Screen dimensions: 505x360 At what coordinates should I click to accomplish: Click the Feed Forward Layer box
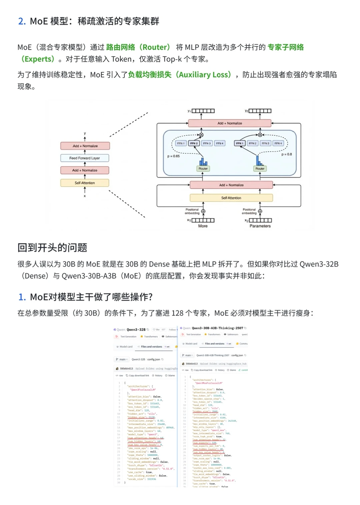click(85, 158)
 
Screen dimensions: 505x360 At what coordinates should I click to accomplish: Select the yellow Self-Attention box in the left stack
click(85, 183)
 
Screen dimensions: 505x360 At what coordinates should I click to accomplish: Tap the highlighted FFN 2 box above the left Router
click(194, 143)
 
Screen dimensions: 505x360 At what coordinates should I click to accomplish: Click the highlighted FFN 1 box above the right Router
click(240, 143)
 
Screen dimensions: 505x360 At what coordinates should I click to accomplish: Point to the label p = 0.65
click(173, 156)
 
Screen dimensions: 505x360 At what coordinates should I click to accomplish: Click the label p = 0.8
click(287, 154)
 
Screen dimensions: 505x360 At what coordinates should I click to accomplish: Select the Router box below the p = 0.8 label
click(260, 169)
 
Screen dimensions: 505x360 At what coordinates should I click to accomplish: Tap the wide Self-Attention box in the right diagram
click(231, 198)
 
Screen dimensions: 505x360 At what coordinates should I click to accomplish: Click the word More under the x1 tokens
click(203, 226)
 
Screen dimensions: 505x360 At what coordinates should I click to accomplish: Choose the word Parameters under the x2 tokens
click(260, 226)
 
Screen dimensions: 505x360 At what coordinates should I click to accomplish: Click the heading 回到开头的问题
click(52, 248)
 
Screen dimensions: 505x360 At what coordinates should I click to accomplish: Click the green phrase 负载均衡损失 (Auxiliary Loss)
click(180, 75)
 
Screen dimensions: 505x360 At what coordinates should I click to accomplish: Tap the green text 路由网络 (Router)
click(138, 47)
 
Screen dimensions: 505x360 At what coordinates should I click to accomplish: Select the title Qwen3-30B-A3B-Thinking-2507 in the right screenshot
click(217, 328)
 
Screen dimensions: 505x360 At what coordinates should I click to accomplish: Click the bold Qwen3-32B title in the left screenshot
click(136, 330)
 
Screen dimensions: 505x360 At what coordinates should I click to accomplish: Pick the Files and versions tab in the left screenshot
click(151, 347)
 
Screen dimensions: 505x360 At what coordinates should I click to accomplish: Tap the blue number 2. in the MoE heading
click(22, 21)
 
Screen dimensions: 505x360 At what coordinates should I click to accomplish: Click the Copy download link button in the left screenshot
click(139, 375)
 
